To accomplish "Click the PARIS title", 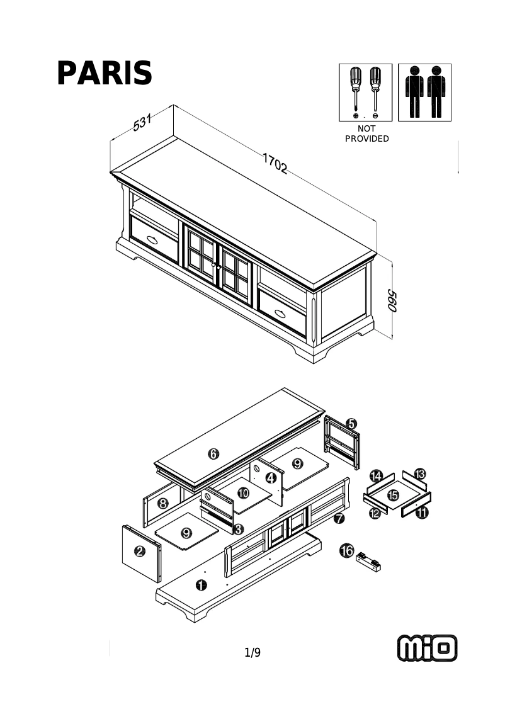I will pyautogui.click(x=105, y=74).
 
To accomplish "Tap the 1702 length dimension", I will pyautogui.click(x=275, y=164).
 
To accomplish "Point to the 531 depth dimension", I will pyautogui.click(x=143, y=123).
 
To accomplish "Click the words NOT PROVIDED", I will pyautogui.click(x=366, y=133).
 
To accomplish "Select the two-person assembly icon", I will pyautogui.click(x=425, y=92).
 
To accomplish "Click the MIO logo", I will pyautogui.click(x=427, y=648).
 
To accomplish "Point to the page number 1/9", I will pyautogui.click(x=252, y=653).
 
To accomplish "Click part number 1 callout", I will pyautogui.click(x=201, y=585).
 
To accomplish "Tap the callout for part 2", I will pyautogui.click(x=140, y=552).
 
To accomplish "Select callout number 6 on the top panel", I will pyautogui.click(x=213, y=453).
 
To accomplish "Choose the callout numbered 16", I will pyautogui.click(x=346, y=551).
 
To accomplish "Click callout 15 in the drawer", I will pyautogui.click(x=393, y=496).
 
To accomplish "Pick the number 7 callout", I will pyautogui.click(x=339, y=519).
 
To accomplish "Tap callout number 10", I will pyautogui.click(x=244, y=492).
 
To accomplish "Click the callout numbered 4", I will pyautogui.click(x=271, y=478).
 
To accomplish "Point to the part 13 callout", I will pyautogui.click(x=419, y=473).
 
